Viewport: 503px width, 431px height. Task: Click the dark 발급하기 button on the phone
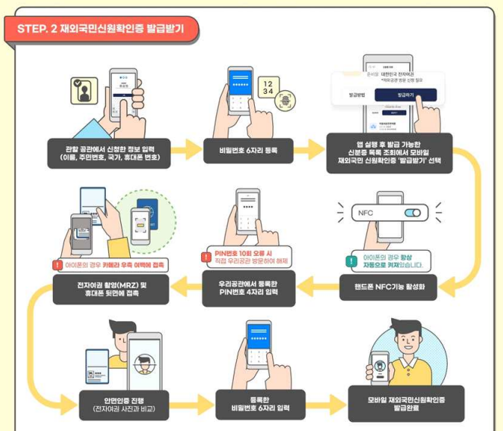point(405,95)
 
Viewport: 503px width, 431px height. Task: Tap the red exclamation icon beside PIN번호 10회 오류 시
point(205,258)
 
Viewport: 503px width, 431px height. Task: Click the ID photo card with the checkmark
point(85,91)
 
